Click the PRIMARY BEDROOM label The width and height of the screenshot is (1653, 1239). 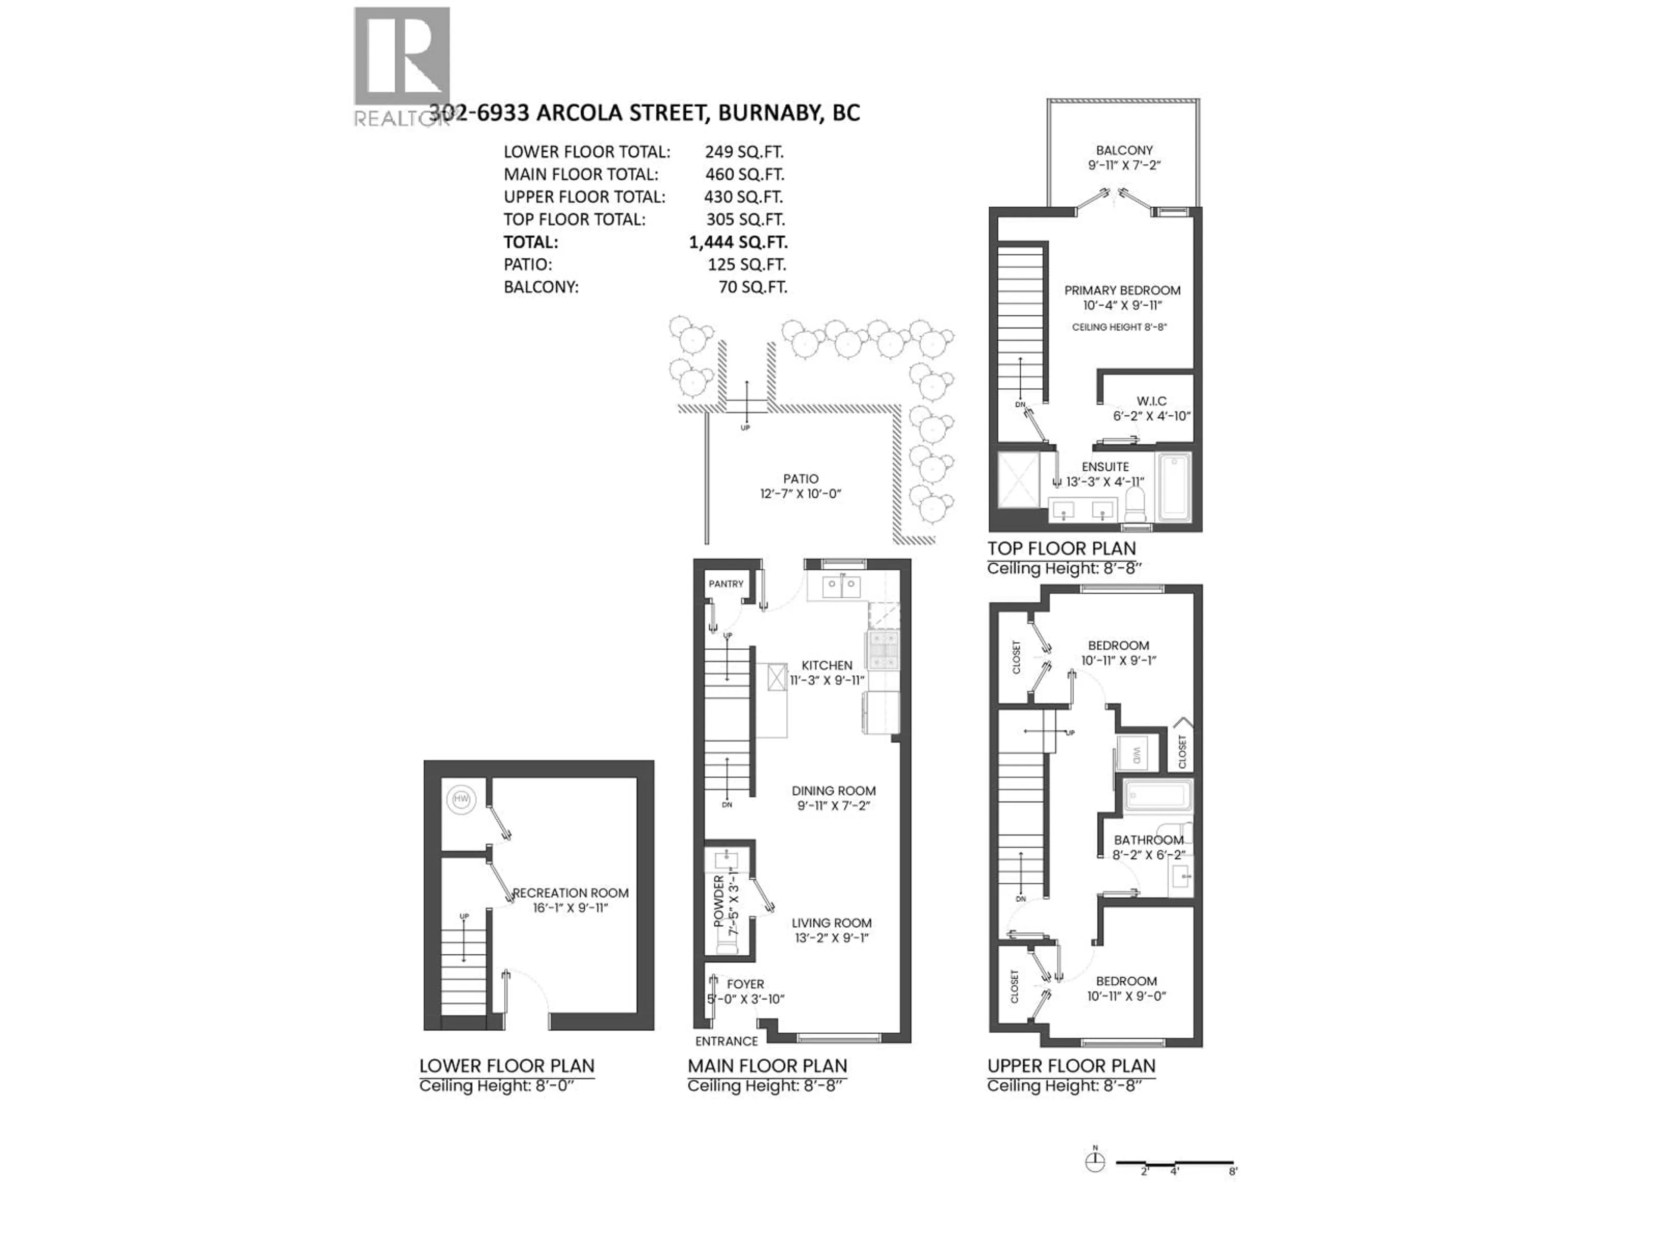tap(1122, 290)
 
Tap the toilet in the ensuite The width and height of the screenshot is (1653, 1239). tap(1134, 508)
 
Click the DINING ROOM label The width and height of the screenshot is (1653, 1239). tap(833, 791)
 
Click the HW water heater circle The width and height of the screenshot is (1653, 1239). tap(461, 800)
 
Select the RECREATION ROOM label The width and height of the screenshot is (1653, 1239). tap(570, 893)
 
